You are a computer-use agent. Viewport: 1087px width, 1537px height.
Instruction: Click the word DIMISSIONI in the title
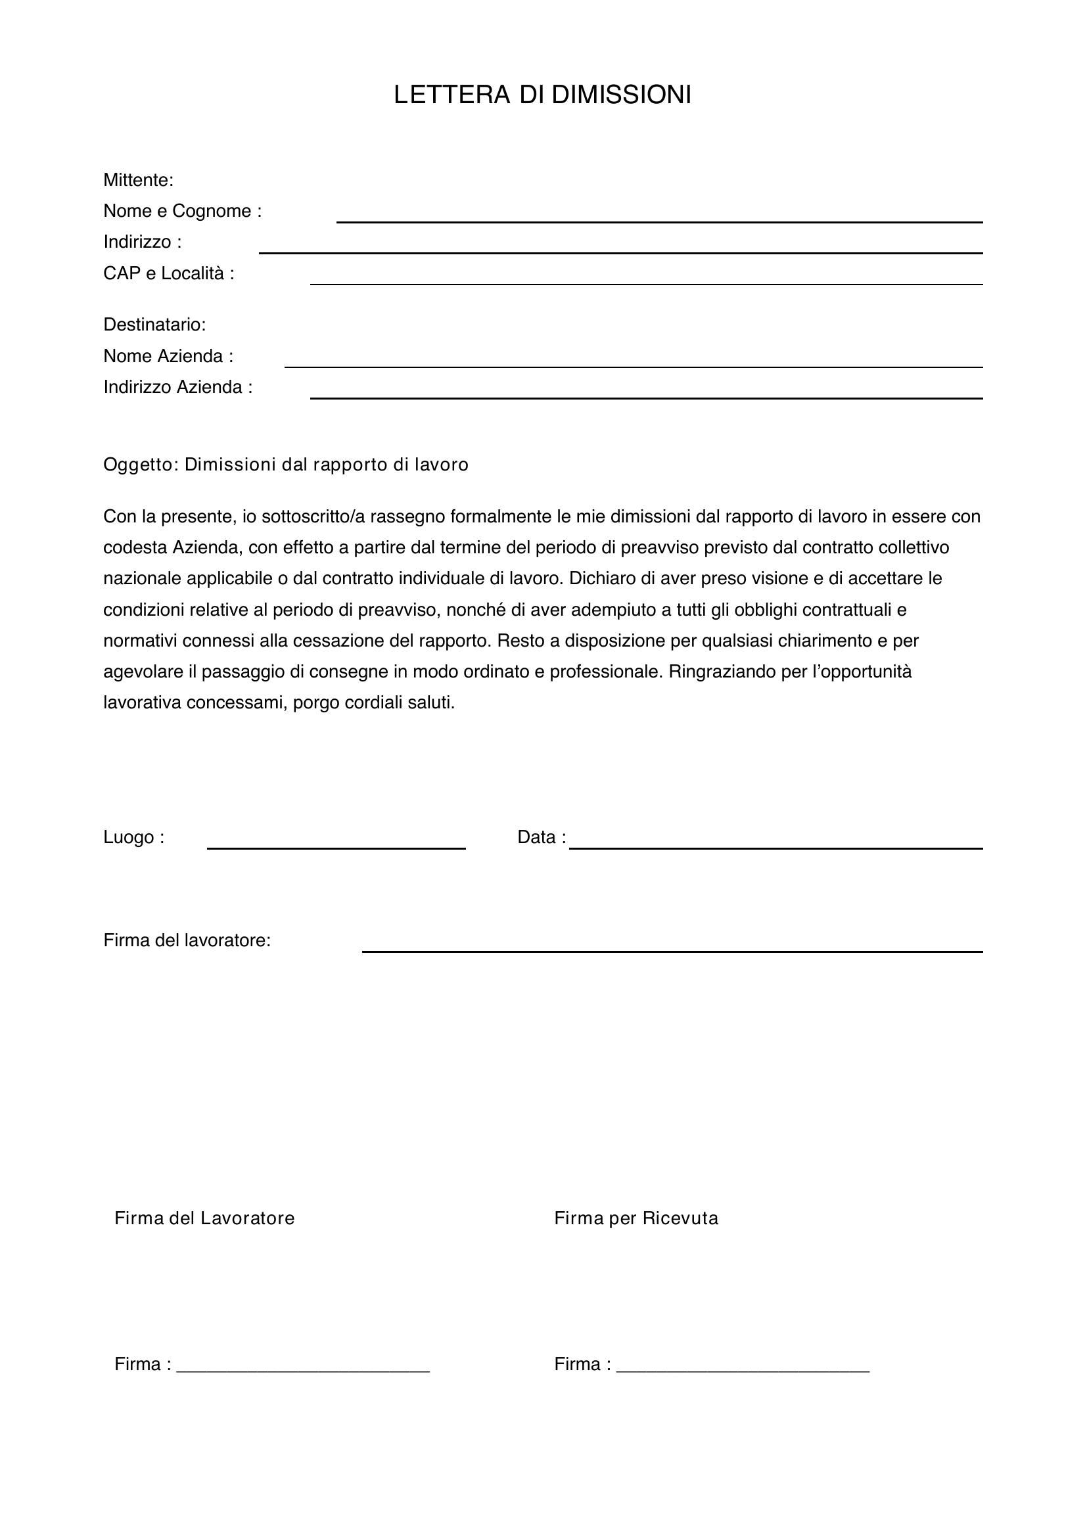[x=621, y=95]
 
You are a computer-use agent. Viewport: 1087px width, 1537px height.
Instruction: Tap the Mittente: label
[x=138, y=180]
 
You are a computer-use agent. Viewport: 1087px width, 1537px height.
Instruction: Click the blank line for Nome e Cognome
[x=659, y=220]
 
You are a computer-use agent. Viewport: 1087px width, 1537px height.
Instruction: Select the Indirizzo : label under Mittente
[x=142, y=242]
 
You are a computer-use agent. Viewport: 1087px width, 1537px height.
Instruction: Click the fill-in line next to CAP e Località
[x=645, y=283]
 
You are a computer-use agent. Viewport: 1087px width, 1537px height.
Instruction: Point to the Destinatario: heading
[x=154, y=325]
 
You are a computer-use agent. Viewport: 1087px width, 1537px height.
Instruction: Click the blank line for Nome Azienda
[x=633, y=365]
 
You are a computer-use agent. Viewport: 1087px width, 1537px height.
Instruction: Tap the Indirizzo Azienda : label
[x=177, y=387]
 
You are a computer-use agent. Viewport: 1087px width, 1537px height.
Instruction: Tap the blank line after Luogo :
[x=336, y=847]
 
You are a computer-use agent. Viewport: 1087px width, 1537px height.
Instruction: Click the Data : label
[x=541, y=837]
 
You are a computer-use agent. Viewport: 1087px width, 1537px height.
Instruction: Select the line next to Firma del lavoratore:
[x=672, y=950]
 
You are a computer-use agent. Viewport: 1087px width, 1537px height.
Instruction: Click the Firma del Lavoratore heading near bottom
[x=204, y=1218]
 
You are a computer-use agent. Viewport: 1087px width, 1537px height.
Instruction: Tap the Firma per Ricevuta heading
[x=636, y=1218]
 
